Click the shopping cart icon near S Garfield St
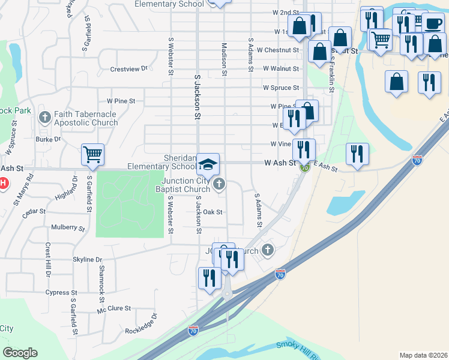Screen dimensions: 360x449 pos(93,155)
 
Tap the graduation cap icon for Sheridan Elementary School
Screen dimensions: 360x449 pos(208,164)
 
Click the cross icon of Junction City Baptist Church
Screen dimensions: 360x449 pos(220,184)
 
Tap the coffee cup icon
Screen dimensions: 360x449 pos(432,23)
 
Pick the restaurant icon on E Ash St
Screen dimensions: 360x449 pos(357,154)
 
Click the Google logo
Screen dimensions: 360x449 pos(20,353)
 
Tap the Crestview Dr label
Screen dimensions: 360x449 pos(128,69)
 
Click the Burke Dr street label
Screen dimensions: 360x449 pos(49,139)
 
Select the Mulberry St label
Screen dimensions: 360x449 pos(68,228)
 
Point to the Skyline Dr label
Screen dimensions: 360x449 pos(87,259)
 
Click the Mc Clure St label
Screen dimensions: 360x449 pos(113,309)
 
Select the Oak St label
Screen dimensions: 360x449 pos(213,212)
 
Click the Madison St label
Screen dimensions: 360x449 pos(224,58)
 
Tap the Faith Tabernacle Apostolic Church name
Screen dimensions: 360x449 pos(85,118)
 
